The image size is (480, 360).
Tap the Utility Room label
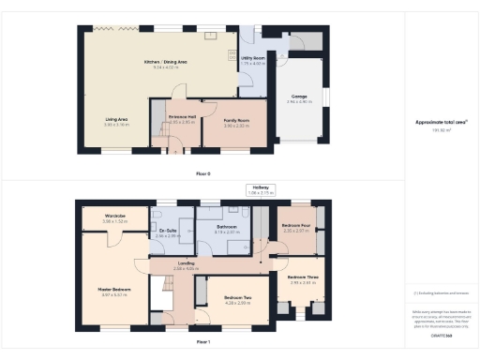(253, 58)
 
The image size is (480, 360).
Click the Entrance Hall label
(181, 119)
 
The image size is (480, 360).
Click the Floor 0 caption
(203, 174)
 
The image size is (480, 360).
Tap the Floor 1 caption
(203, 343)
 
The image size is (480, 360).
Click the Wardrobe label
(114, 217)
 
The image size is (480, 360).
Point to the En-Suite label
(168, 231)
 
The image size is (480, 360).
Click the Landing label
(186, 265)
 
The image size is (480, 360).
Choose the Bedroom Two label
(238, 300)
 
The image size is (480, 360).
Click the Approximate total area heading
(441, 123)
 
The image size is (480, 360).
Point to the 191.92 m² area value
(441, 130)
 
